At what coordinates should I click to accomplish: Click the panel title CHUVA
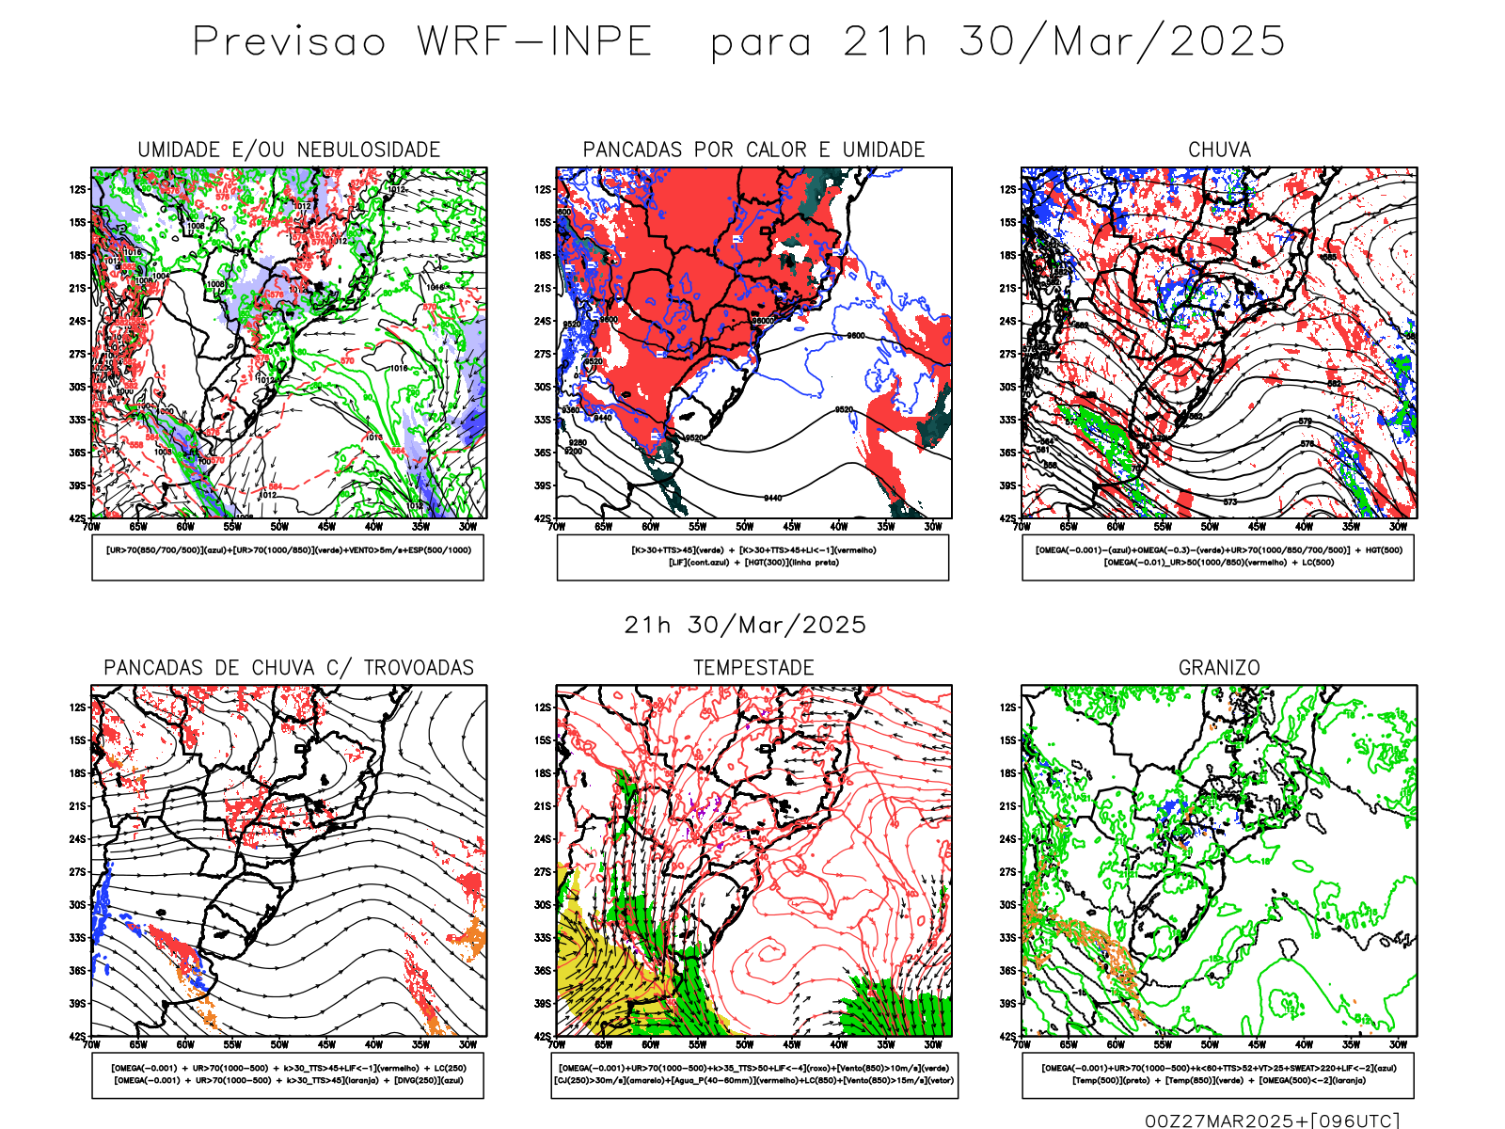[1219, 150]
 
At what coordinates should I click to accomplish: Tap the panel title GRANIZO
[1219, 667]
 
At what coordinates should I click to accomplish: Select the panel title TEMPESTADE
[753, 667]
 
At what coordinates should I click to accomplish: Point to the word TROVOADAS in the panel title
[419, 667]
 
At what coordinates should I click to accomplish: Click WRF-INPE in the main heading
[534, 41]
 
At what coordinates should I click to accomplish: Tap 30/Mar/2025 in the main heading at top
[1122, 41]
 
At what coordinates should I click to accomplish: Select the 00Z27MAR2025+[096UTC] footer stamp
[1272, 1121]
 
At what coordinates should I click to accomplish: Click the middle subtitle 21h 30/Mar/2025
[745, 625]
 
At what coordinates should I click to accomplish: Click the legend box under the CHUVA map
[1218, 557]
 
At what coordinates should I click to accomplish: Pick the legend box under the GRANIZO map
[1218, 1074]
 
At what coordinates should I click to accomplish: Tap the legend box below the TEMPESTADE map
[753, 1074]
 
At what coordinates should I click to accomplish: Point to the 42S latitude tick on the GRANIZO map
[1007, 1036]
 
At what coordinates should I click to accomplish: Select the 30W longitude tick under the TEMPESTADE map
[933, 1044]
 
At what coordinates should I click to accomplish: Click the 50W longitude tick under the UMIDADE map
[279, 527]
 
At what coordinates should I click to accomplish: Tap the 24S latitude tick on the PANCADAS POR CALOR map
[543, 321]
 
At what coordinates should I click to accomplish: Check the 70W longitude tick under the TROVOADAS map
[91, 1044]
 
